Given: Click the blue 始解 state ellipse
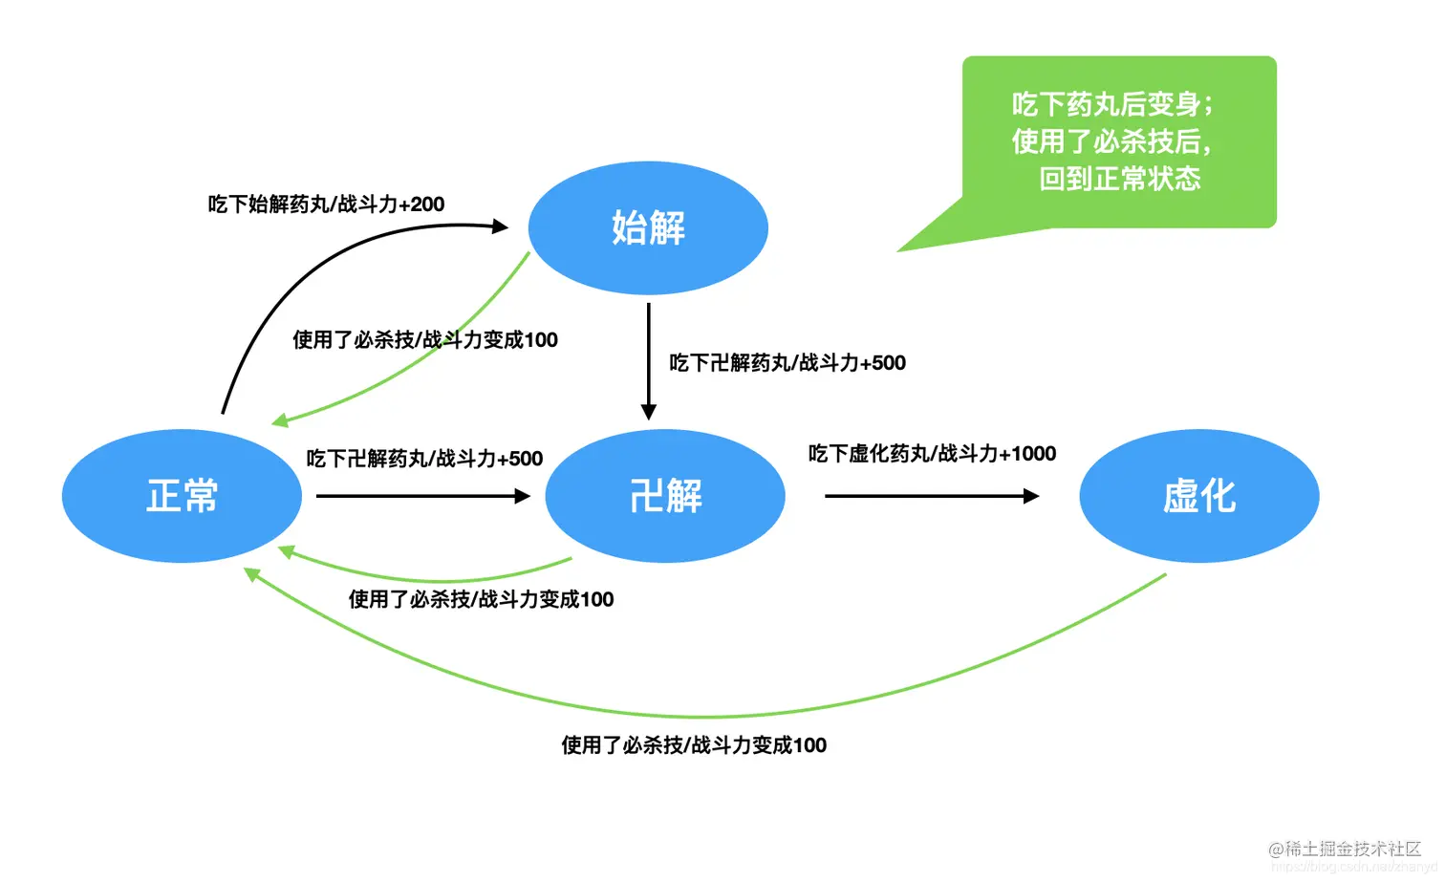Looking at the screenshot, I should coord(648,227).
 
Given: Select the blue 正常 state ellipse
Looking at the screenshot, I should coord(182,496).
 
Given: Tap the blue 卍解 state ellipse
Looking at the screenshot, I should coord(665,496).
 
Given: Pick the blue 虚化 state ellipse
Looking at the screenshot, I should coord(1198,496).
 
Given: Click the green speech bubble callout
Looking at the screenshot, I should coord(1118,141).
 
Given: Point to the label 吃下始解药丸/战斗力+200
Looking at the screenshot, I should coord(326,204).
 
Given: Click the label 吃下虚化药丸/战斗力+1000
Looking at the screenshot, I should coord(932,453).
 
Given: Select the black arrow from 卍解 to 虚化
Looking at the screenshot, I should coord(931,496).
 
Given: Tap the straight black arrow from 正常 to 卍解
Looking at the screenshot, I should coord(422,496).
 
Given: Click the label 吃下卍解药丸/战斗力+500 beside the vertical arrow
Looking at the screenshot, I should coord(787,363).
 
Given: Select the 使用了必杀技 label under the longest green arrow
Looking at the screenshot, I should coord(694,745).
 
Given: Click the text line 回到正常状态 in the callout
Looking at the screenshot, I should coord(1119,179).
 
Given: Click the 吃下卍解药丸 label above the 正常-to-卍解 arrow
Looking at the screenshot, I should coord(424,459).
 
